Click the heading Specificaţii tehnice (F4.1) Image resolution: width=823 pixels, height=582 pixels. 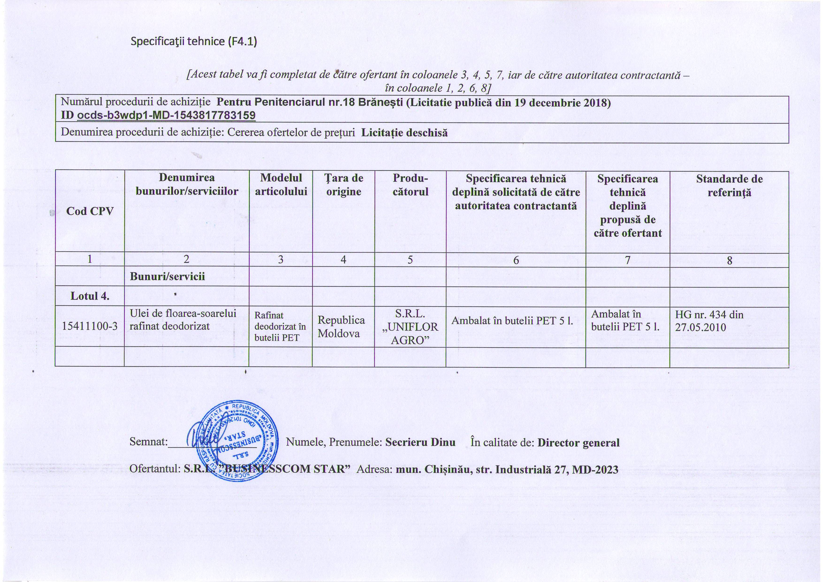pos(194,42)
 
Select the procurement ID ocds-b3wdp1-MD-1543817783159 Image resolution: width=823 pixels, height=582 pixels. pos(166,115)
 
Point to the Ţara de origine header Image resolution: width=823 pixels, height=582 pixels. pos(343,185)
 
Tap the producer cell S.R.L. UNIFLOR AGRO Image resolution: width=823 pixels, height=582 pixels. pos(410,327)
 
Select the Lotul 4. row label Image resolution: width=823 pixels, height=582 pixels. pos(90,296)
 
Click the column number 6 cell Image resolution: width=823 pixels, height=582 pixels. pos(516,260)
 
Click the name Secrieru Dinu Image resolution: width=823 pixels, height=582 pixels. pos(420,442)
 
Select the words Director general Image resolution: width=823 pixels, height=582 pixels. pos(578,443)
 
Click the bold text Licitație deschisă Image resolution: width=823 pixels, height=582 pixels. pos(404,133)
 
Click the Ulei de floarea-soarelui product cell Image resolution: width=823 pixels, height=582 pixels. pos(183,320)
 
